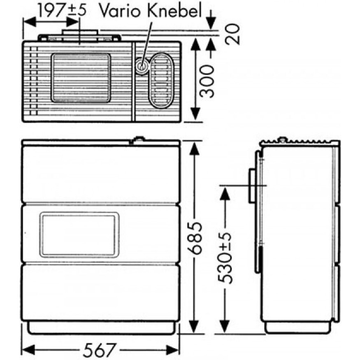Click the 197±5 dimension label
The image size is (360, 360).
point(62,11)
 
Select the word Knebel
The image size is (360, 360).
point(174,11)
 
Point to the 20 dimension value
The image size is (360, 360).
point(232,34)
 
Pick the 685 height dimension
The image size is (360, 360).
point(195,238)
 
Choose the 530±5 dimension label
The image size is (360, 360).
point(225,258)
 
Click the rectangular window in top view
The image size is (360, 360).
point(81,78)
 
